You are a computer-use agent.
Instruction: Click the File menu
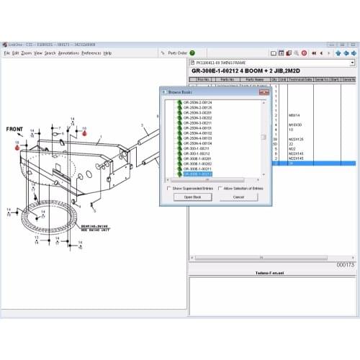click(6, 53)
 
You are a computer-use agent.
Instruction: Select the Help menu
click(107, 53)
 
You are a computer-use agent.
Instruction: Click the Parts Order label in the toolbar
click(178, 53)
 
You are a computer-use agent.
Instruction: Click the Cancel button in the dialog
click(238, 197)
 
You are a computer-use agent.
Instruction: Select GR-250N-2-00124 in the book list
click(197, 103)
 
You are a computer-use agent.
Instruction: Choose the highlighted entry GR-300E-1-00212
click(197, 174)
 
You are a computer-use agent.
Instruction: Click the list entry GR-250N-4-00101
click(197, 128)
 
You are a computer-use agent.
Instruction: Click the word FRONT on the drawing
click(15, 130)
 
